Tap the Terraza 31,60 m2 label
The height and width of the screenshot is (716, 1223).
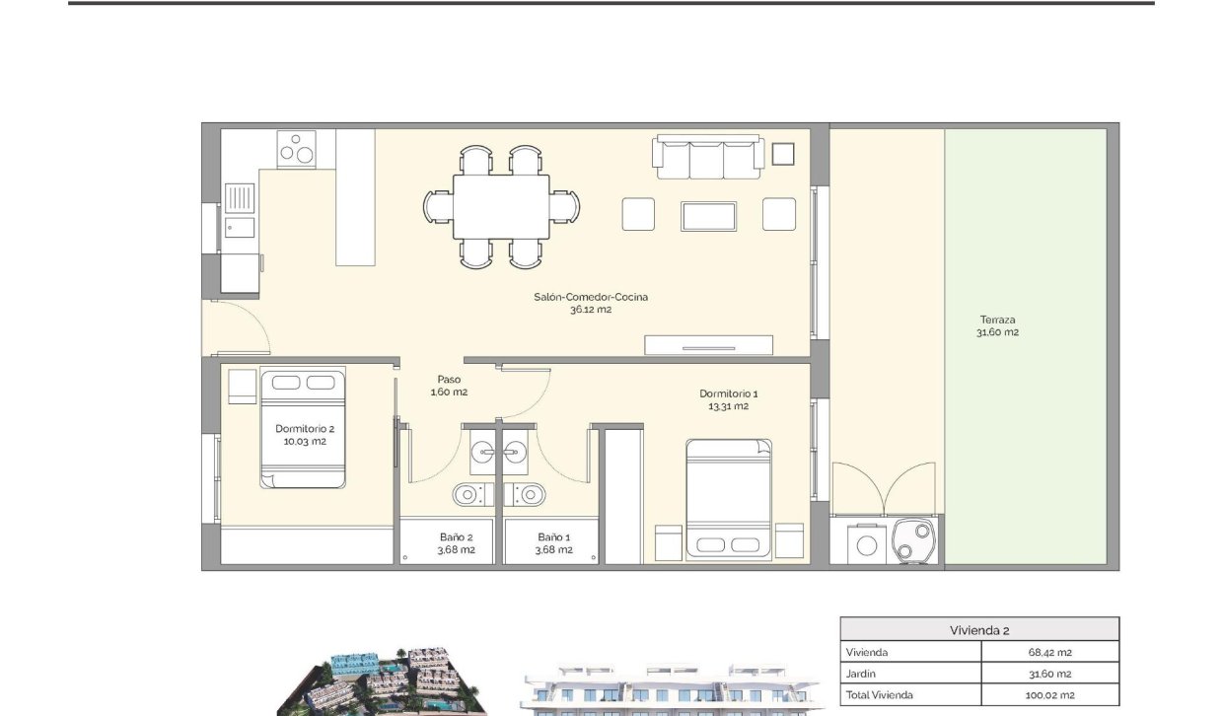coord(997,325)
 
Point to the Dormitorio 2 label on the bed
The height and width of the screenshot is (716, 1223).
coord(304,435)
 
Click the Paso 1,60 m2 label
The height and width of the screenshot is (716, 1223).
coord(449,386)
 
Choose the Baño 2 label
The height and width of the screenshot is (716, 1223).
coord(457,543)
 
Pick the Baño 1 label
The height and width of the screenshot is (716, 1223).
coord(554,543)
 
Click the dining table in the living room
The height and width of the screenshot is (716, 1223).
coord(501,206)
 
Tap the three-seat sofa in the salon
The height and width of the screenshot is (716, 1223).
coord(707,158)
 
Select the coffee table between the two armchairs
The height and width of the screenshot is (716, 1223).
coord(708,216)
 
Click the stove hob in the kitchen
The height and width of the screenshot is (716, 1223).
coord(296,150)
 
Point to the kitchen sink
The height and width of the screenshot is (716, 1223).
coord(239,198)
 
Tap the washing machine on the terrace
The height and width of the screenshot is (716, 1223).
coord(868,544)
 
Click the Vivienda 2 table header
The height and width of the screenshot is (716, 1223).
coord(978,630)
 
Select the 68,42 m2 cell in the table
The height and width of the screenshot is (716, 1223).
coord(1049,652)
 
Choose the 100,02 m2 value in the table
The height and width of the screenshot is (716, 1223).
coord(1049,695)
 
